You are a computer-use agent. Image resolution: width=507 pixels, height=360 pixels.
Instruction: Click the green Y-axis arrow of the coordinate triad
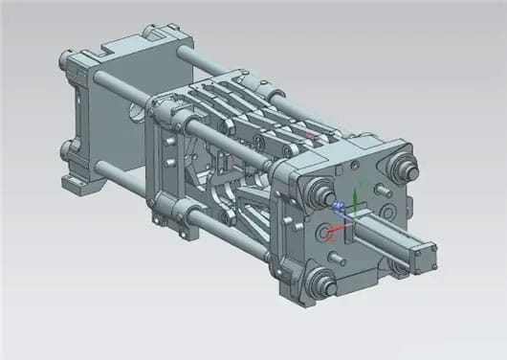355,195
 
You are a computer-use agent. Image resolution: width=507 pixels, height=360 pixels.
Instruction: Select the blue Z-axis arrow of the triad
340,205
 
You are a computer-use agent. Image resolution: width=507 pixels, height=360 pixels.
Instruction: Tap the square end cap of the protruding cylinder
425,256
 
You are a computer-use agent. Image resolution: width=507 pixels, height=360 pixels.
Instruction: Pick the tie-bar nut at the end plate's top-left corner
317,191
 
